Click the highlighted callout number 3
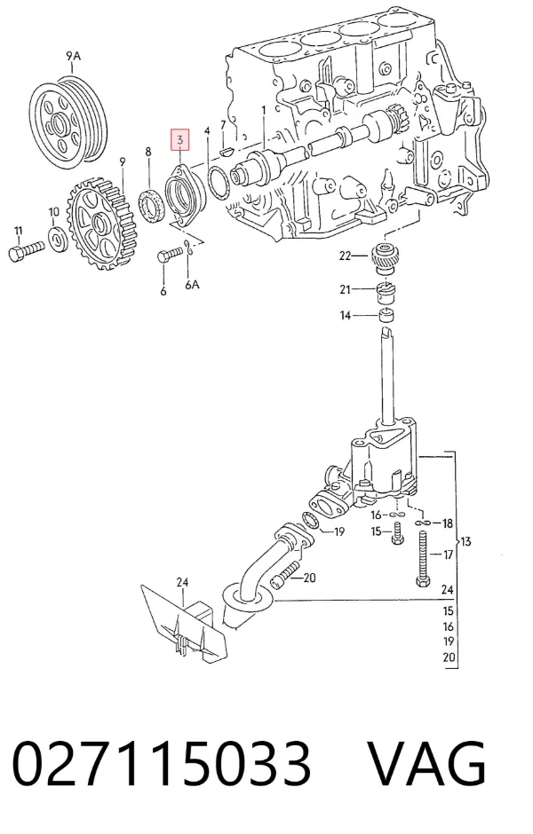tap(180, 140)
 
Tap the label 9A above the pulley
tap(74, 55)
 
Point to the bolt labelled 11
tap(26, 250)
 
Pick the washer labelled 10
tap(58, 240)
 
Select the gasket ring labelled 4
tap(219, 183)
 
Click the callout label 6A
tap(192, 285)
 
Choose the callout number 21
tap(346, 289)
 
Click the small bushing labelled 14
tap(386, 316)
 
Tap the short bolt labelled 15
tap(397, 533)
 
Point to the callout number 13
tap(465, 541)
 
